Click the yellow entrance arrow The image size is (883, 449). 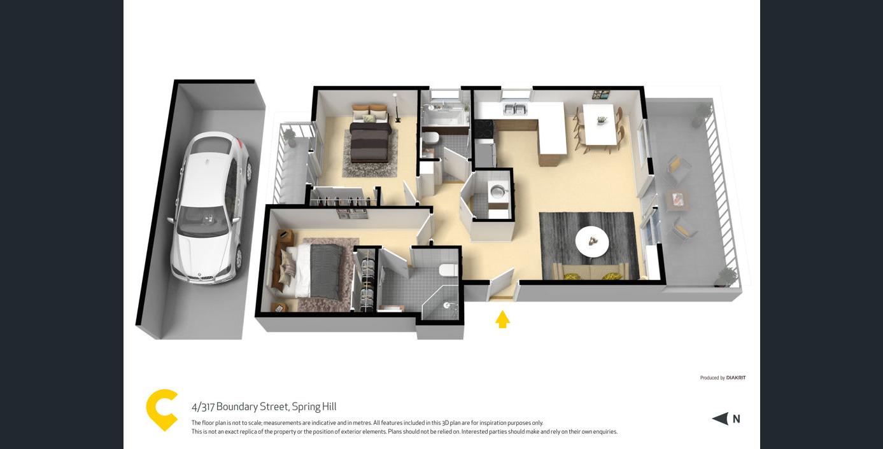point(502,319)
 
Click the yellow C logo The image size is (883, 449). point(161,410)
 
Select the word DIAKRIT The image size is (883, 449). point(736,378)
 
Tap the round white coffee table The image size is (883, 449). point(591,242)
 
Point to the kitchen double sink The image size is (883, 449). point(515,109)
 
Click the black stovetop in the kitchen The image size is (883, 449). point(483,128)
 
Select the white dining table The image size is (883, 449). point(600,123)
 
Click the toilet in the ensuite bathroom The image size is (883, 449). point(448,270)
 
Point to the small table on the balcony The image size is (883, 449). point(677,200)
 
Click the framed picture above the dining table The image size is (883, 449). point(602,95)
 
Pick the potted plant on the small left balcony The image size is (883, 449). point(290,138)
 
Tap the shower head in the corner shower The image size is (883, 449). point(448,305)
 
